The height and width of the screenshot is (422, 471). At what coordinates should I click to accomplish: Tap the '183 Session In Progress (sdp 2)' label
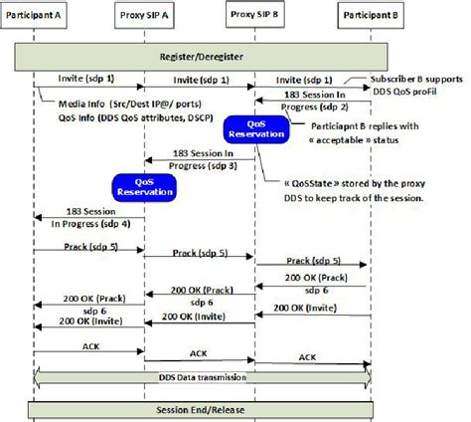[313, 100]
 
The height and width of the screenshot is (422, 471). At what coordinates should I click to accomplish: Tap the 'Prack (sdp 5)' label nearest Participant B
[314, 260]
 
